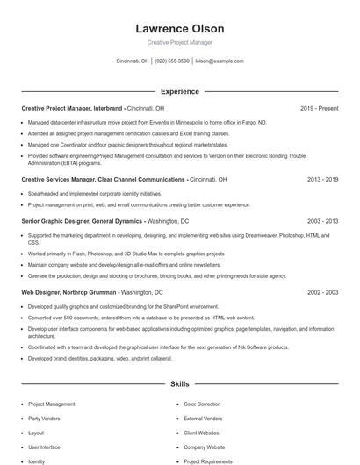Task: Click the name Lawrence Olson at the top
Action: (x=179, y=28)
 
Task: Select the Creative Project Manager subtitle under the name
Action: (x=179, y=42)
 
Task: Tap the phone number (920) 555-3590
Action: (x=173, y=61)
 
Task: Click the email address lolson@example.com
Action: (x=219, y=61)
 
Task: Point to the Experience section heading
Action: (x=179, y=91)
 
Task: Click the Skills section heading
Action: (x=179, y=383)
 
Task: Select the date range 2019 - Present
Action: (x=319, y=108)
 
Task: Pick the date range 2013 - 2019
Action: (x=322, y=179)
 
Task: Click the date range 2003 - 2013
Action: (x=322, y=222)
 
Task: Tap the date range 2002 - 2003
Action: (x=322, y=291)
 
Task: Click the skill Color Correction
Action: (x=202, y=404)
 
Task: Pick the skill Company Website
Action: (x=204, y=447)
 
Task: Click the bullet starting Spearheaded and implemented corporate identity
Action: (x=95, y=193)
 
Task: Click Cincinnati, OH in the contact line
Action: (x=133, y=61)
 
